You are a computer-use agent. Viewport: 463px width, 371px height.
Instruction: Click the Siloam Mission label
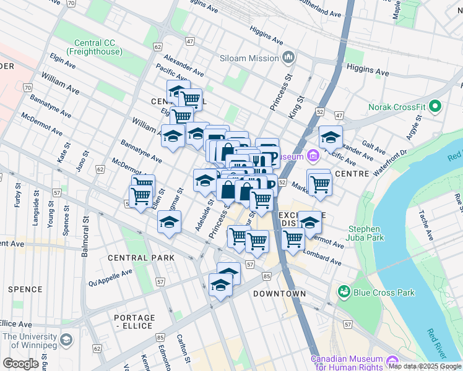pyautogui.click(x=248, y=58)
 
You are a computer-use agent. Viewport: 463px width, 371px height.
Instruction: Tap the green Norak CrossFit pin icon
pyautogui.click(x=435, y=107)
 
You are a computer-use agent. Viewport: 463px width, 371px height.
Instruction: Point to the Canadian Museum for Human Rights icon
pyautogui.click(x=391, y=360)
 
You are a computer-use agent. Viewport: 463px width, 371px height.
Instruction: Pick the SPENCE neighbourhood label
pyautogui.click(x=25, y=289)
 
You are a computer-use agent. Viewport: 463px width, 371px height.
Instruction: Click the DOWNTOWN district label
pyautogui.click(x=279, y=293)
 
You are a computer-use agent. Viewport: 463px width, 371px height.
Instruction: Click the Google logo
pyautogui.click(x=20, y=364)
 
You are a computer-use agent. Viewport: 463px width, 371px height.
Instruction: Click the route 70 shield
pyautogui.click(x=28, y=88)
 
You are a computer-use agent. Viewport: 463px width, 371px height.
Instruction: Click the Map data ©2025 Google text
pyautogui.click(x=425, y=366)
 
